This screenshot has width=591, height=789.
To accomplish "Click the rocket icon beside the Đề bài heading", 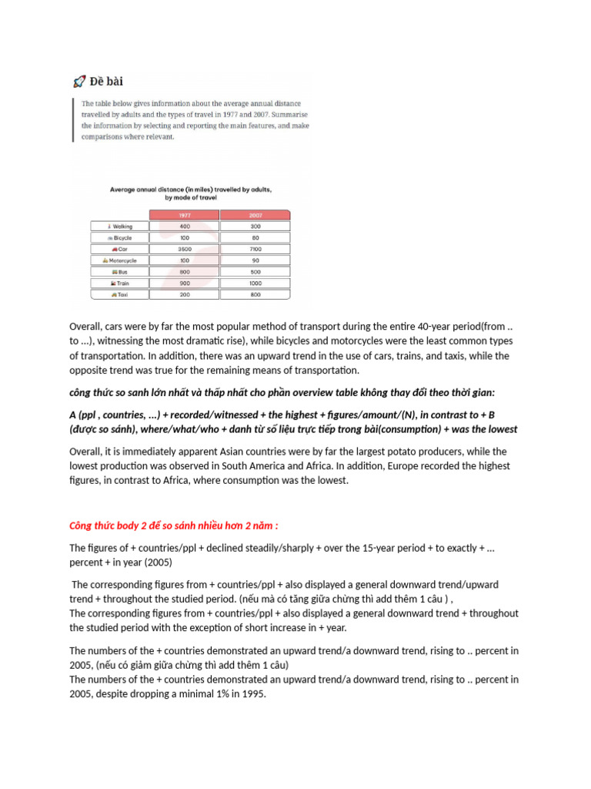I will coord(78,81).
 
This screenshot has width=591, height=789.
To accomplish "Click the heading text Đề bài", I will coord(107,81).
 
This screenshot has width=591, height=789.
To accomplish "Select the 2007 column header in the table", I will coord(255,216).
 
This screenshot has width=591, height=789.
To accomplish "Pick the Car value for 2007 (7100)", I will coord(255,249).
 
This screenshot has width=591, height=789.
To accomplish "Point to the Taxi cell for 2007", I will coord(255,294).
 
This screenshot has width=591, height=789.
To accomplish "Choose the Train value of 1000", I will coord(255,283).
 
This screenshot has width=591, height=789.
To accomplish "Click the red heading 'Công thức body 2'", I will coord(174,525).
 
